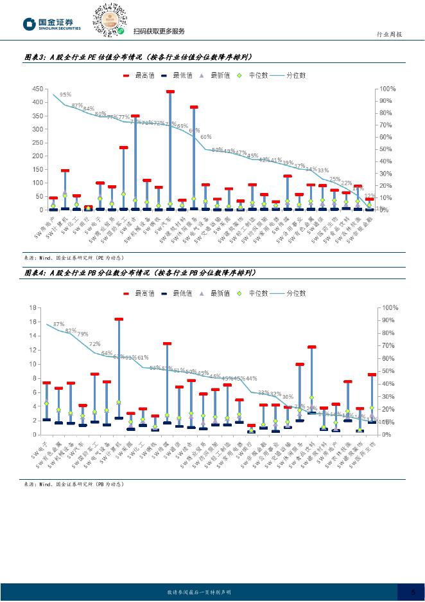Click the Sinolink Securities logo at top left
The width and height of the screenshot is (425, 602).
[52, 24]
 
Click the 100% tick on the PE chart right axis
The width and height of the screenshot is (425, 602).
[388, 89]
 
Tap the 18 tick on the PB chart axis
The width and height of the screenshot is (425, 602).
[33, 307]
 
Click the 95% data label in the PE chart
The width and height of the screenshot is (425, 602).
[65, 95]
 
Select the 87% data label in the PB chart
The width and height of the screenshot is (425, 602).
[59, 324]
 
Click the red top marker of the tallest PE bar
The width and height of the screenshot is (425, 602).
[170, 92]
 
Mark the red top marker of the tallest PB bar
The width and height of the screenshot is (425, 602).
[119, 319]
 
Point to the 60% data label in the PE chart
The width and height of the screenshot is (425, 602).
[205, 137]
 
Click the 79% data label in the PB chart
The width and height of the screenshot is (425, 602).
[83, 334]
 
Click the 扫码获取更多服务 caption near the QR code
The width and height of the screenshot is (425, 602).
[159, 32]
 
